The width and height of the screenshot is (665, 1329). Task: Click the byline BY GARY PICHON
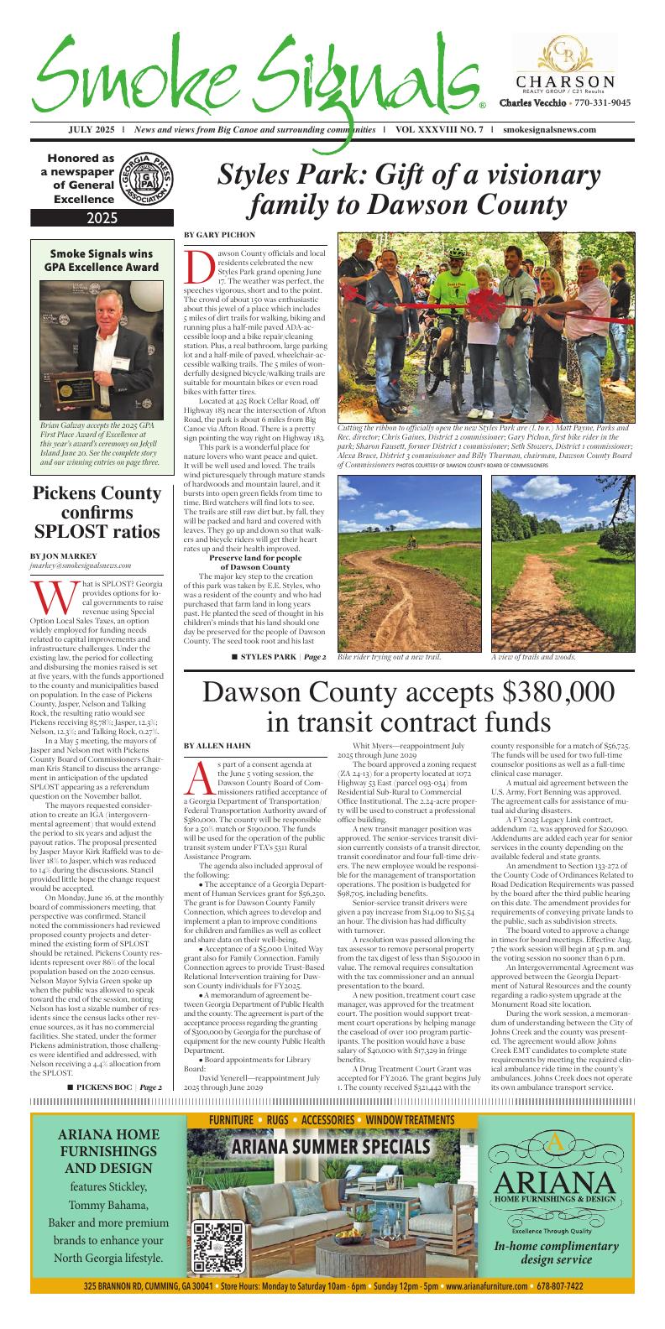220,234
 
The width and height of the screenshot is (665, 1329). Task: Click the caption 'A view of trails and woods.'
533,656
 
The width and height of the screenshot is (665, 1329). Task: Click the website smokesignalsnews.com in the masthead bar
551,130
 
